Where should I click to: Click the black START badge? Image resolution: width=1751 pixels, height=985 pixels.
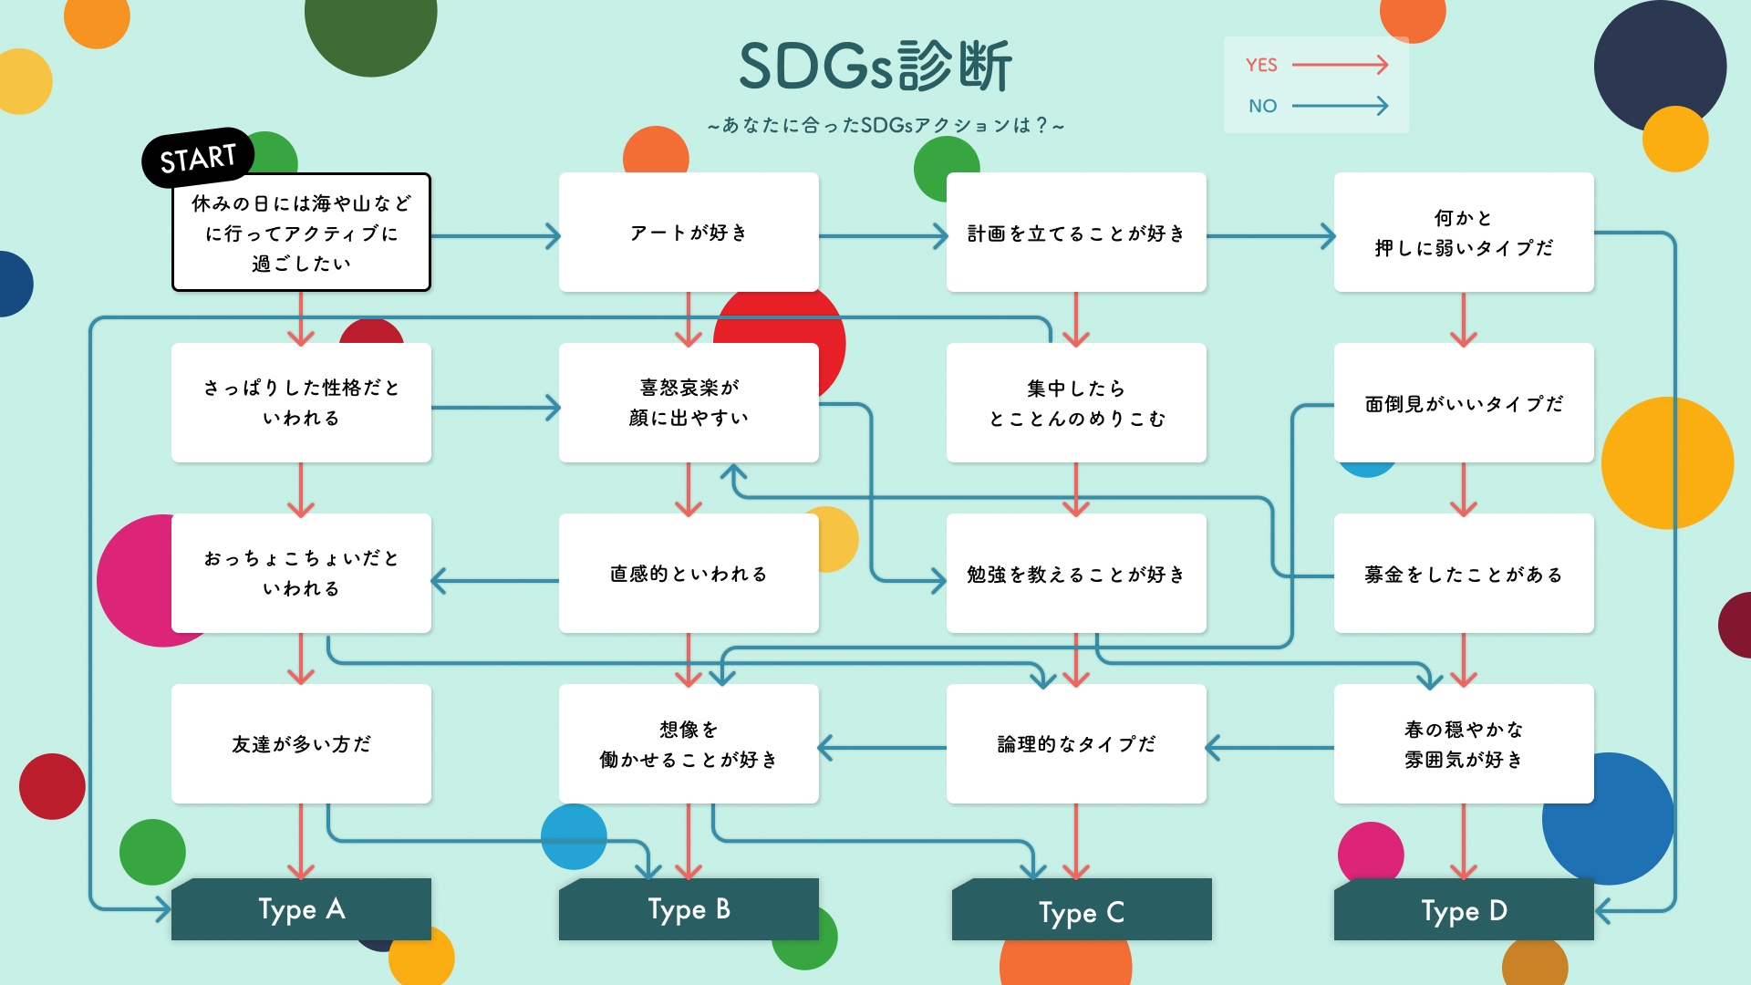(x=198, y=159)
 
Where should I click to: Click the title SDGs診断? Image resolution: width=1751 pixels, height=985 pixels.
(x=875, y=67)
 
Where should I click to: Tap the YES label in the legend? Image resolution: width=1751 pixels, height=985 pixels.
(x=1261, y=65)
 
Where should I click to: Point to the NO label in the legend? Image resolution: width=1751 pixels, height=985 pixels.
(x=1262, y=106)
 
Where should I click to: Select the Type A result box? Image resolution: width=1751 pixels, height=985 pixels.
(x=301, y=909)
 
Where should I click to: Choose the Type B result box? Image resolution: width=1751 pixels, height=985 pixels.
(x=689, y=909)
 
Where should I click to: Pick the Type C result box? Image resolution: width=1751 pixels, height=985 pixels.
(x=1082, y=911)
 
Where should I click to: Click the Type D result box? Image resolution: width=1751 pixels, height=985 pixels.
(x=1464, y=910)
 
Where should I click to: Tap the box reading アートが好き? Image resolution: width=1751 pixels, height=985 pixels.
(x=689, y=233)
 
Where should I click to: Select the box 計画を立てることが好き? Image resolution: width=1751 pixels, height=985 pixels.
(x=1076, y=233)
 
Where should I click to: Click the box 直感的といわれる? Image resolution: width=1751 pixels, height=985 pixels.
(x=689, y=574)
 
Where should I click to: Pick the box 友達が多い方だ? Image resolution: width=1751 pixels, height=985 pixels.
(x=301, y=744)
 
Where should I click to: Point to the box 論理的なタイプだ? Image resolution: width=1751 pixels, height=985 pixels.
(x=1076, y=744)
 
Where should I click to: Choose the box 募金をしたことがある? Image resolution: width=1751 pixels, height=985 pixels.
(x=1464, y=574)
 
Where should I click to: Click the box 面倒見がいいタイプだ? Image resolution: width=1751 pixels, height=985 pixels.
(x=1464, y=403)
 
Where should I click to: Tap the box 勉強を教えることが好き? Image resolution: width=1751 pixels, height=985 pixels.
(x=1076, y=574)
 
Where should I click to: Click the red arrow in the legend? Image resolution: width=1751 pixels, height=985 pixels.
(x=1340, y=65)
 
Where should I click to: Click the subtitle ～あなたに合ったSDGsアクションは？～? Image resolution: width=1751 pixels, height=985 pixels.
(x=886, y=126)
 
